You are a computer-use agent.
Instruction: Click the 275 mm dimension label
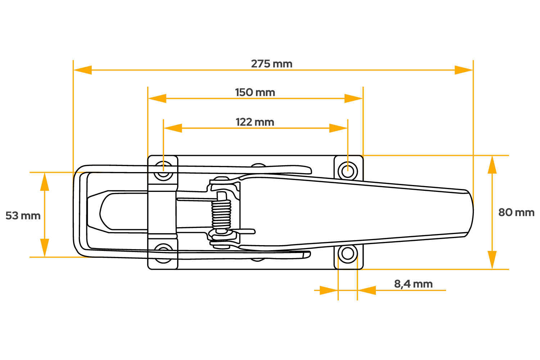(x=272, y=64)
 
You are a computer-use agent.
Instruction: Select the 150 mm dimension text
(x=255, y=93)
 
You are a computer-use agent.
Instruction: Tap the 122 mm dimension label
(x=255, y=122)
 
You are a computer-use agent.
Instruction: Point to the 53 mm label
(x=23, y=216)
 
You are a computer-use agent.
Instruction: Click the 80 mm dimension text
(x=516, y=212)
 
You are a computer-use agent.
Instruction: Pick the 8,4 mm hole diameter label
(x=413, y=284)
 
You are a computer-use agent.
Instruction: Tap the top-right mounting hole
(x=347, y=170)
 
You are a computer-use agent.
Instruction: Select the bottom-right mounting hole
(x=347, y=254)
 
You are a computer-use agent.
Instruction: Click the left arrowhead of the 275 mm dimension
(x=82, y=70)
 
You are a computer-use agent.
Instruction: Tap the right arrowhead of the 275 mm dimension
(x=464, y=70)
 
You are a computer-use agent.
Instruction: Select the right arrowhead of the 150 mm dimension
(x=354, y=98)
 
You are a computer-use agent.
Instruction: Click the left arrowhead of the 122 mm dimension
(x=173, y=128)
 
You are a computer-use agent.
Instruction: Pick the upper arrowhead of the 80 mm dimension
(x=492, y=165)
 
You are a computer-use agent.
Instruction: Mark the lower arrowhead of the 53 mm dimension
(x=44, y=248)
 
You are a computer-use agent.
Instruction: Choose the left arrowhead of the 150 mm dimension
(x=157, y=98)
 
